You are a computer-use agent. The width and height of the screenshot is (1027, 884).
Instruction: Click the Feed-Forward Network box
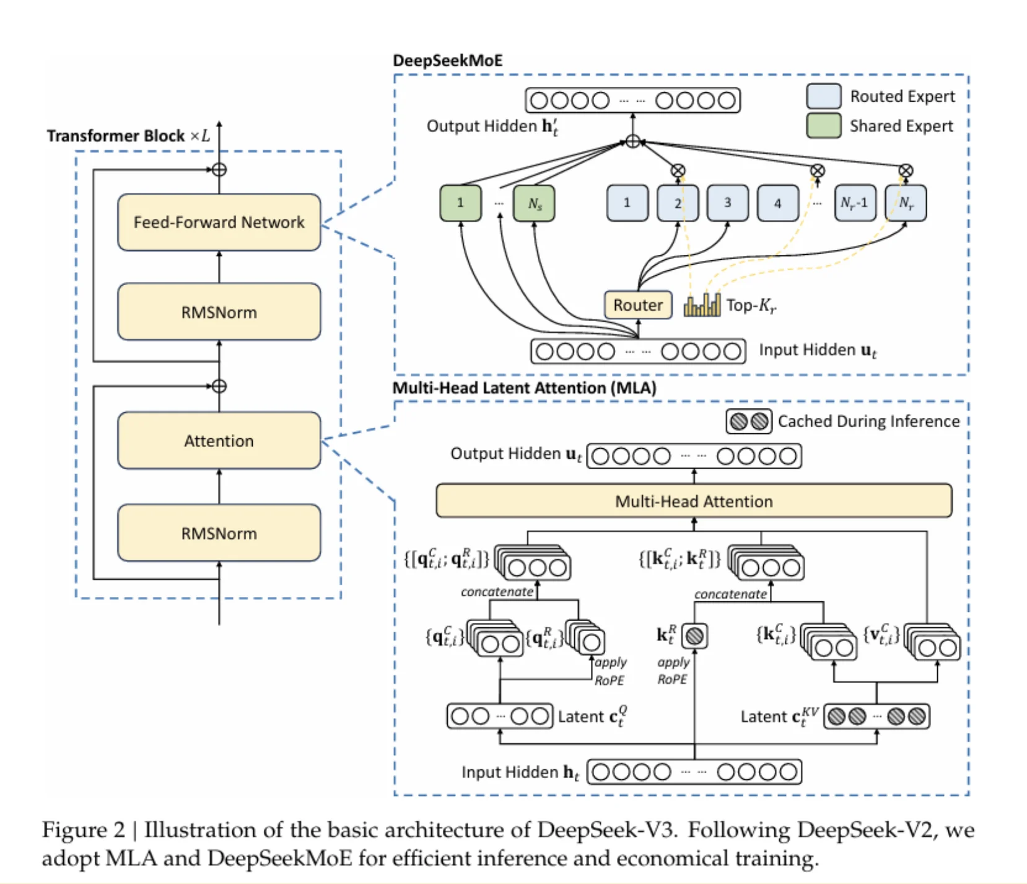coord(219,222)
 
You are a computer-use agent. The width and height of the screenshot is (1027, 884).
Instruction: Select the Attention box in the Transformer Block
coord(219,440)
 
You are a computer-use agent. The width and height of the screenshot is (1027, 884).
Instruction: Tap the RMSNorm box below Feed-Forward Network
coord(219,312)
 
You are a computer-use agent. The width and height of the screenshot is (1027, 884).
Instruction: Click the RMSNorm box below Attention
coord(219,533)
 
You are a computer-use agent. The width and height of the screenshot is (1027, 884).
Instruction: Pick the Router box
coord(637,305)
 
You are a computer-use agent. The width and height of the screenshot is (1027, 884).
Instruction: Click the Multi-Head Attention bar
coord(693,501)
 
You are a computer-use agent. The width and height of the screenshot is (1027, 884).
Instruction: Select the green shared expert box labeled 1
coord(460,203)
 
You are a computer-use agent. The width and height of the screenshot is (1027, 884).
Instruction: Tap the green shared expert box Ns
coord(534,203)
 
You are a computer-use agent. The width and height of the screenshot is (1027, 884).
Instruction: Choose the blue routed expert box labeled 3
coord(727,203)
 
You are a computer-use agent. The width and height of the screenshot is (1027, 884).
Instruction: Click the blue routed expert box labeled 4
coord(777,203)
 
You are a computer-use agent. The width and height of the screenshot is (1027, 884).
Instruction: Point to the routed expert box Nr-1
coord(855,203)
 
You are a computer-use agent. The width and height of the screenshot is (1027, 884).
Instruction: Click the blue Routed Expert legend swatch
coord(823,96)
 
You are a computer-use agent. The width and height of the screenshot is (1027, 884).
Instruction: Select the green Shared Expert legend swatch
coord(823,126)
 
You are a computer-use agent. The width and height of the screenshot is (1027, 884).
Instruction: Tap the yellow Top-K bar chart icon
coord(702,305)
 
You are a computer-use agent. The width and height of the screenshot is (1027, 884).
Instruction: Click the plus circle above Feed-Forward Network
coord(219,170)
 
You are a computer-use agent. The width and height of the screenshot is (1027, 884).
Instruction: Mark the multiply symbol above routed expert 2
coord(678,170)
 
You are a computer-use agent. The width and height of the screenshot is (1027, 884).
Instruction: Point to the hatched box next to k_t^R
coord(695,636)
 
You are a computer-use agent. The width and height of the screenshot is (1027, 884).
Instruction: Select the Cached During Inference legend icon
coord(748,422)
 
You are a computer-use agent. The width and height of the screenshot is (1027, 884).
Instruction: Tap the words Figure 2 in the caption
coord(83,830)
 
